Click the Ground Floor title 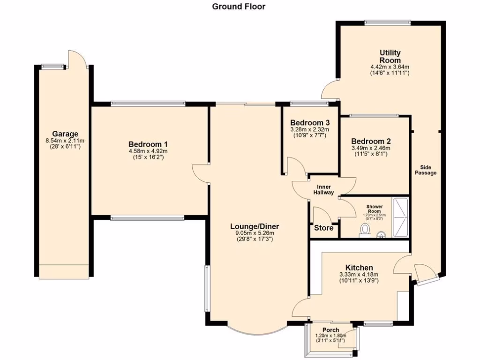click(x=239, y=7)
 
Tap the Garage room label click(x=65, y=134)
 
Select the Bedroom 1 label click(x=148, y=144)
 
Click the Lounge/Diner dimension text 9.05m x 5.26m click(x=255, y=232)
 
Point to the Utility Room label click(x=390, y=56)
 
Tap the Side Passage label click(x=425, y=169)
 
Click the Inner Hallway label click(x=323, y=190)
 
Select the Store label click(x=324, y=228)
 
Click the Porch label click(x=331, y=330)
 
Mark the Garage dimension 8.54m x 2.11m click(x=65, y=140)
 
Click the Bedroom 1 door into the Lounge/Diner click(x=201, y=173)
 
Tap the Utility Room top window click(x=388, y=22)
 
